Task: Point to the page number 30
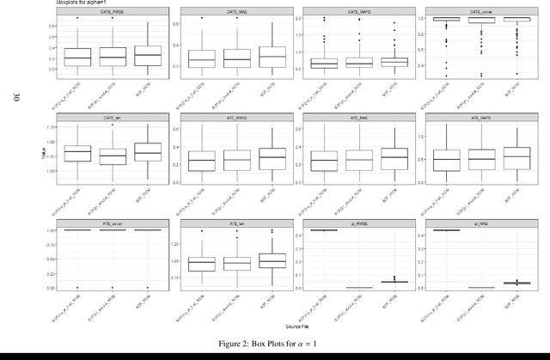16,99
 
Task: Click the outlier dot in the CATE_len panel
113,125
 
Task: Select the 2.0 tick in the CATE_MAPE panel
295,17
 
